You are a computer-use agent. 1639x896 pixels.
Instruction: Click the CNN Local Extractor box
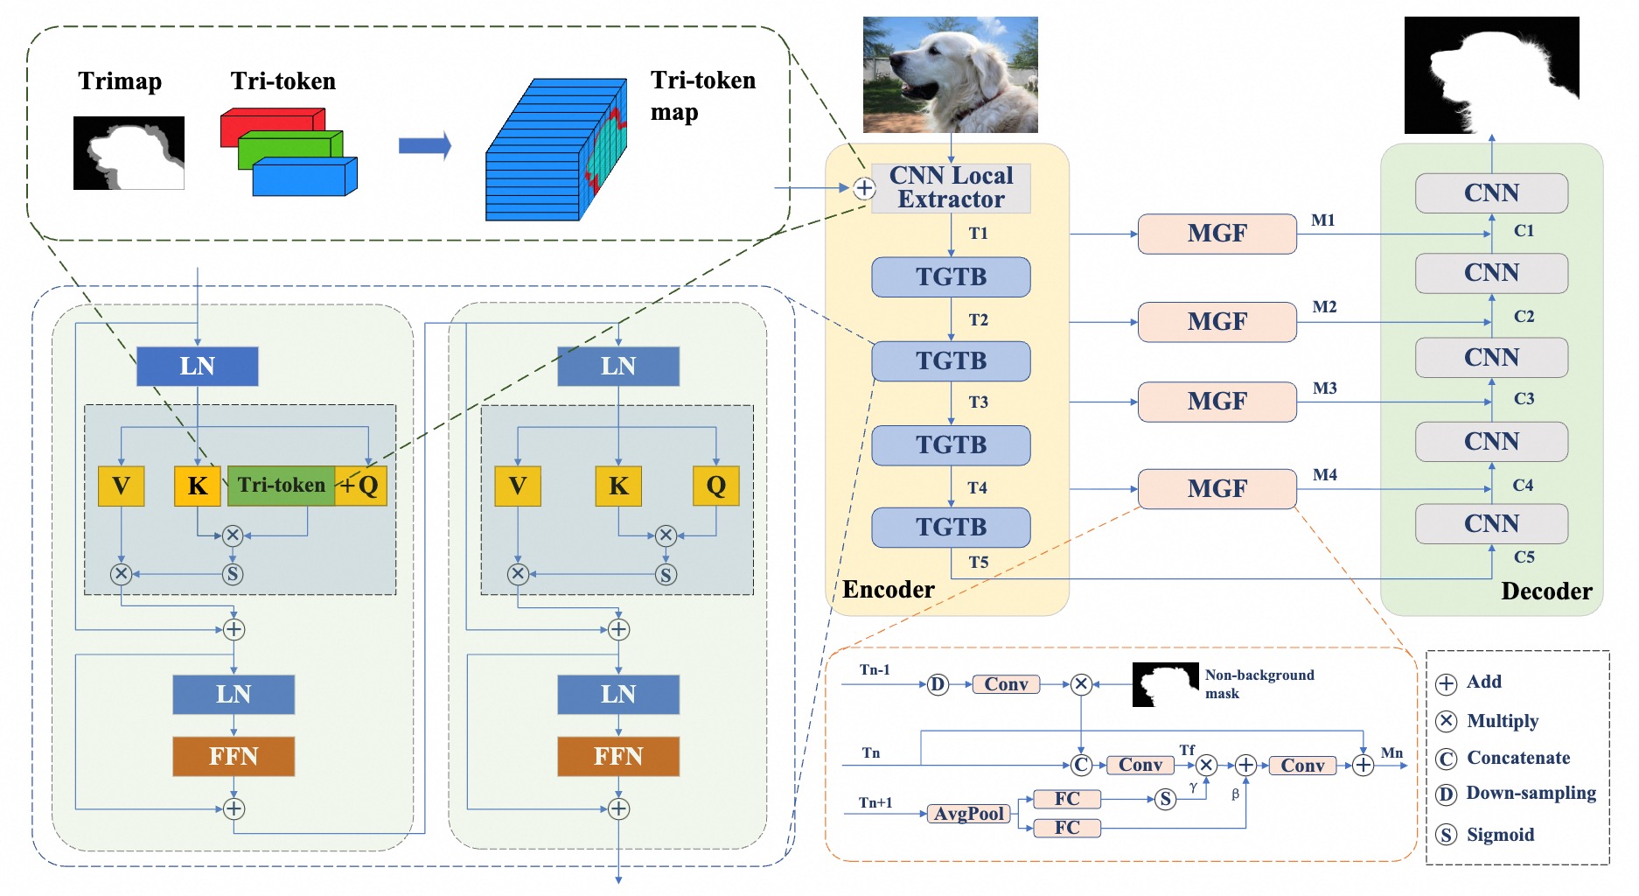[x=951, y=188]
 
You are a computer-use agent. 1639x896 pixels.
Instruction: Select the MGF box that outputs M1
[x=1217, y=234]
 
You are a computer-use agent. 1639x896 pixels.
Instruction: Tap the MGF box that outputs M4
[x=1217, y=489]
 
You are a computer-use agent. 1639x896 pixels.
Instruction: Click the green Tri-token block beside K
[x=281, y=486]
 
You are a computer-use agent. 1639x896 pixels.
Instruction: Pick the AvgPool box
[x=968, y=814]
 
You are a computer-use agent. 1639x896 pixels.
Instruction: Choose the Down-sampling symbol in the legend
[x=1447, y=794]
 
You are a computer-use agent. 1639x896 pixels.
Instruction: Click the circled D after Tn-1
[x=937, y=684]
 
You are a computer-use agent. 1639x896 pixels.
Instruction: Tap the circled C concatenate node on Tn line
[x=1081, y=766]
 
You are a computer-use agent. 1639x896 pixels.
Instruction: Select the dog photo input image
[x=950, y=75]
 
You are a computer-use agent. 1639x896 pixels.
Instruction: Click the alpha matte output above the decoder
[x=1491, y=75]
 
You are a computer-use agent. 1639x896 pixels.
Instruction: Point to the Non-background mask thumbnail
[x=1165, y=684]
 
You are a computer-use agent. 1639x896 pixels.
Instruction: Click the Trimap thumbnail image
[x=129, y=153]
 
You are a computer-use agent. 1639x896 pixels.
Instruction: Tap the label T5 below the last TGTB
[x=978, y=562]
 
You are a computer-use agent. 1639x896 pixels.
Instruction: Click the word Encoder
[x=888, y=590]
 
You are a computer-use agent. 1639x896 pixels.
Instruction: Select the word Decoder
[x=1546, y=591]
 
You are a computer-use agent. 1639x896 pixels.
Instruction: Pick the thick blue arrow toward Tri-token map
[x=424, y=146]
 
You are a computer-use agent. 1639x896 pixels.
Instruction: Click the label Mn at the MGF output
[x=1391, y=752]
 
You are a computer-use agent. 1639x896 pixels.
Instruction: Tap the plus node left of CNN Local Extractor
[x=863, y=188]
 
